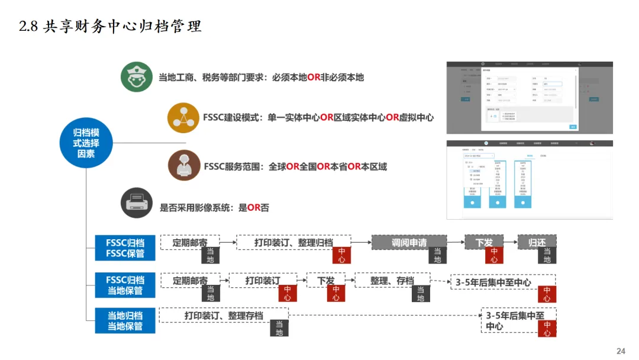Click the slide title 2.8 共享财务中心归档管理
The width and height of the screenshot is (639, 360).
click(111, 27)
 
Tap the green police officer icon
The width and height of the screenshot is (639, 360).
click(137, 77)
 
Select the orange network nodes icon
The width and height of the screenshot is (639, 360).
click(183, 117)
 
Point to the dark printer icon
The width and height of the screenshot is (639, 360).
click(137, 202)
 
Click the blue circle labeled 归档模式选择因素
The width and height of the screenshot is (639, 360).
click(86, 143)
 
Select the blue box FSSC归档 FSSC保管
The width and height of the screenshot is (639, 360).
click(125, 248)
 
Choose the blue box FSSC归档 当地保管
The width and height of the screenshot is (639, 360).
click(125, 285)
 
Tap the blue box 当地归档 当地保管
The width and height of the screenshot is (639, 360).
click(125, 320)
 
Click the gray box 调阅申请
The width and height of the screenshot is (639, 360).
click(409, 242)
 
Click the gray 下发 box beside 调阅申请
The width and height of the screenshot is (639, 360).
click(483, 242)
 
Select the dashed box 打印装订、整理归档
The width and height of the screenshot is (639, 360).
click(293, 242)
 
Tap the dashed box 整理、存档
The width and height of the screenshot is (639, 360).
click(392, 280)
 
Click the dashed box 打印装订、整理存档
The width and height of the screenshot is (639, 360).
click(223, 315)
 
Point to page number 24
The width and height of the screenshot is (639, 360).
click(621, 351)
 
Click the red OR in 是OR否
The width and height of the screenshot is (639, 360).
click(254, 208)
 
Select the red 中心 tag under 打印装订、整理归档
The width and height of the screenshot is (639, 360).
click(341, 255)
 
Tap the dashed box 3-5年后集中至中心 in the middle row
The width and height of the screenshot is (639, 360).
click(502, 282)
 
